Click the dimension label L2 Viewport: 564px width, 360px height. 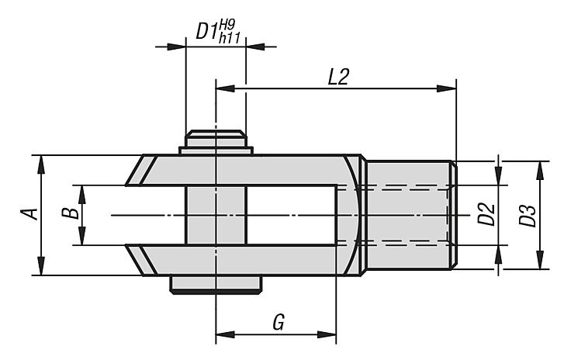pos(338,77)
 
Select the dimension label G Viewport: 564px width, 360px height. pos(279,322)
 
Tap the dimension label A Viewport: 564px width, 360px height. pos(29,213)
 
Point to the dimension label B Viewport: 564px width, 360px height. pos(71,213)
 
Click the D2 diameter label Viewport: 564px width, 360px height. pos(486,215)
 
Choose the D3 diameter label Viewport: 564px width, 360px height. pos(528,216)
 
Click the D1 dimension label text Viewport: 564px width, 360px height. pos(207,32)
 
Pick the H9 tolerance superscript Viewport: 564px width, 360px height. pos(227,26)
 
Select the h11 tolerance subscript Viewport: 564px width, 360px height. pos(229,38)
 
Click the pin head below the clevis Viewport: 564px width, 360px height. pos(216,285)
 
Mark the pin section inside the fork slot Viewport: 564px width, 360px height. pos(216,215)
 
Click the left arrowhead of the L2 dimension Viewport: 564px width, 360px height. pos(225,88)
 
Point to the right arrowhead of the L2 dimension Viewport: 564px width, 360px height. pos(446,88)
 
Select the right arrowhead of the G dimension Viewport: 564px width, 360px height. pos(327,334)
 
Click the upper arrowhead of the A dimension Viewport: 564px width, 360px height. pos(41,165)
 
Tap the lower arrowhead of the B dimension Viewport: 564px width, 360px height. pos(82,236)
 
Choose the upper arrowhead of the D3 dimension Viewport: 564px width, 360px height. pos(539,171)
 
